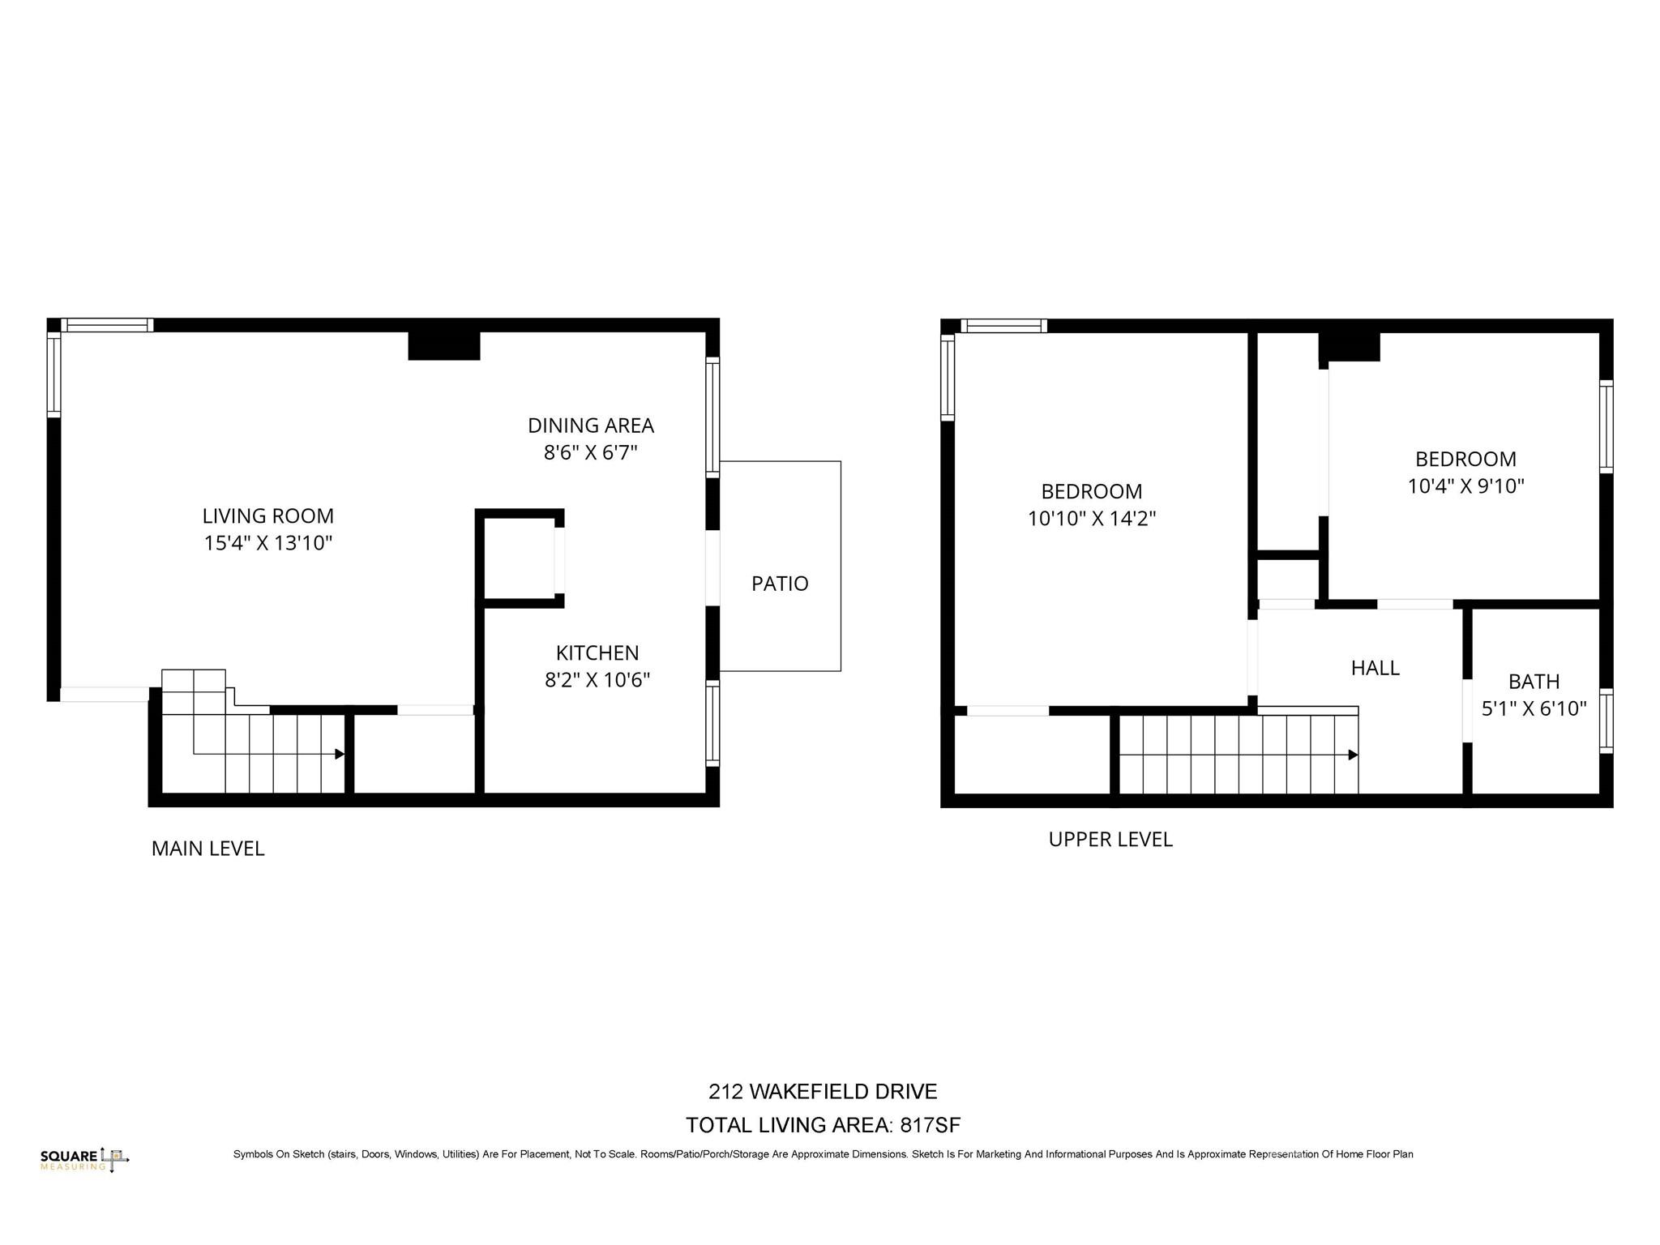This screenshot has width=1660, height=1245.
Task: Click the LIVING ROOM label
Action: tap(267, 516)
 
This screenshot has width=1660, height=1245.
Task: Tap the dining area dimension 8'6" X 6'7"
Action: tap(590, 452)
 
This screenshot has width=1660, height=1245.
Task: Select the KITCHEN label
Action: tap(597, 652)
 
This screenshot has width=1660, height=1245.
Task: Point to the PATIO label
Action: tap(779, 584)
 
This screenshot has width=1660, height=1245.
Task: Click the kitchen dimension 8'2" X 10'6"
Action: tap(597, 679)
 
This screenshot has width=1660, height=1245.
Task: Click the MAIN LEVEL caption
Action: tap(207, 849)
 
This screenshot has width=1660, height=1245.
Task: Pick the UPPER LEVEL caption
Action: tap(1110, 839)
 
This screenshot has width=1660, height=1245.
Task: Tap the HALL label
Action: tap(1375, 668)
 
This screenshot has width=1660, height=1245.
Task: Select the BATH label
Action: tap(1534, 682)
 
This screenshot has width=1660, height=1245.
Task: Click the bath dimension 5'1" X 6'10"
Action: tap(1534, 708)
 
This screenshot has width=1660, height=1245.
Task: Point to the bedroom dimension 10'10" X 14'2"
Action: tap(1091, 519)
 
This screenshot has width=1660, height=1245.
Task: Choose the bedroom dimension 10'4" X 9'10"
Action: tap(1465, 486)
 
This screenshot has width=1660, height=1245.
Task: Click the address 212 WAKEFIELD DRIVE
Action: tap(823, 1092)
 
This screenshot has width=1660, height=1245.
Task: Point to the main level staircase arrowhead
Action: tap(340, 754)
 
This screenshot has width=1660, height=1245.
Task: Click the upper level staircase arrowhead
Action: tap(1353, 755)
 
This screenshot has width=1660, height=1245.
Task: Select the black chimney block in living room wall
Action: tap(443, 346)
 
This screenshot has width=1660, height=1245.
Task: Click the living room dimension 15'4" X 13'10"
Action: tap(267, 543)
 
